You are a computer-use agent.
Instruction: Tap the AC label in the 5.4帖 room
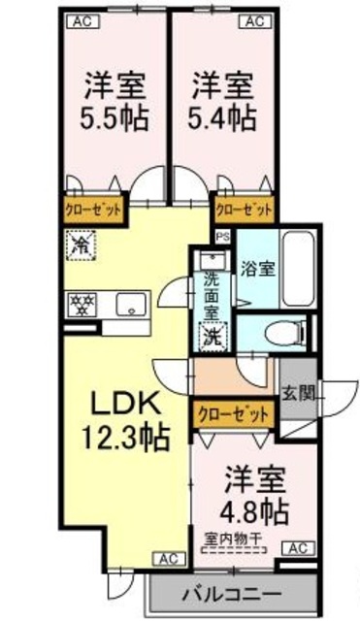pos(254,19)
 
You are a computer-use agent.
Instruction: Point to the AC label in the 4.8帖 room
pos(296,549)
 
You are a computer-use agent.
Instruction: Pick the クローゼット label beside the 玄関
pos(234,411)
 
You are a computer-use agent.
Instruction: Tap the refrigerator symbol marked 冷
pos(79,245)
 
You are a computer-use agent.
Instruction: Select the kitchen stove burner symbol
pos(80,304)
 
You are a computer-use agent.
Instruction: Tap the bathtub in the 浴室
pos(297,267)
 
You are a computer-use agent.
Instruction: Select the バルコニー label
pos(233,593)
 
